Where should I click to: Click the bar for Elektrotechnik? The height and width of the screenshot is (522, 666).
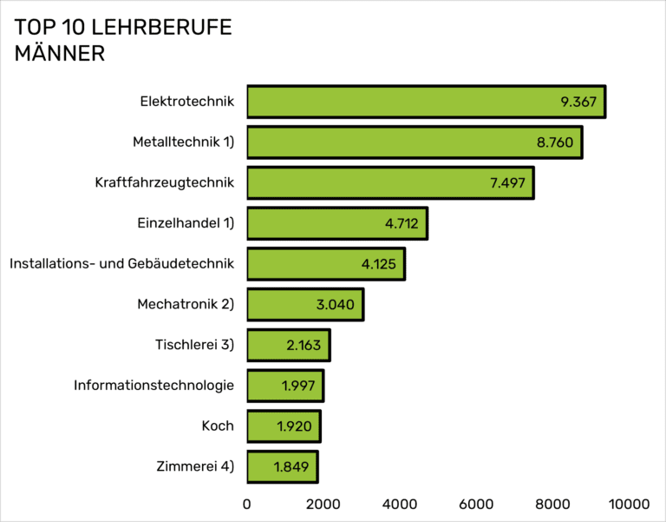coord(425,102)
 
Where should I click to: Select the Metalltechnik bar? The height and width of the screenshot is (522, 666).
coord(414,142)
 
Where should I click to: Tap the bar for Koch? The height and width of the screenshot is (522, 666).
coord(284,426)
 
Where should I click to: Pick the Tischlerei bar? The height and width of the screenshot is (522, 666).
coord(288,345)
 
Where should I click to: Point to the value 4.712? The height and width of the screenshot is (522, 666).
coord(402,224)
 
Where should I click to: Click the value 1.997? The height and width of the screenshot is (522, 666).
coord(298,386)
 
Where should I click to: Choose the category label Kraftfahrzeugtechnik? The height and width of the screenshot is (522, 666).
coord(165,182)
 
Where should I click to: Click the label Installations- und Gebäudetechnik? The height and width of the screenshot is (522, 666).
coord(121,263)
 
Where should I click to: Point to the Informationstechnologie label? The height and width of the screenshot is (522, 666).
coord(154,385)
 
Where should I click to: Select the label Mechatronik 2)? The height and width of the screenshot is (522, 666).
coord(186,304)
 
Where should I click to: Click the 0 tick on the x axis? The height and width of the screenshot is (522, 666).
coord(247,503)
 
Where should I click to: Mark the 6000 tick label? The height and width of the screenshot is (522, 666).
coord(476,503)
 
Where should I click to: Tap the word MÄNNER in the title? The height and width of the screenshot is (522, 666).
coord(60,54)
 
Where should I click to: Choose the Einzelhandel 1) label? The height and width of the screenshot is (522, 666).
coord(186,223)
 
